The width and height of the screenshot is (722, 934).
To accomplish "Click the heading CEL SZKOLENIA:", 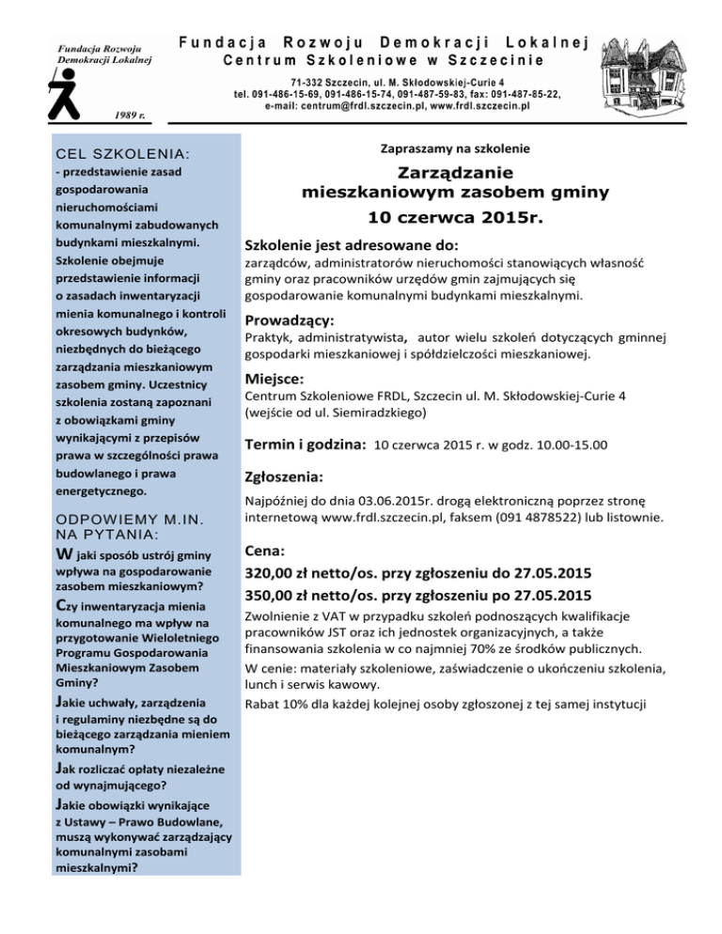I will pyautogui.click(x=110, y=152).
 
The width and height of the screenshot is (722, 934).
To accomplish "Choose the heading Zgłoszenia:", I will pyautogui.click(x=285, y=476).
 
